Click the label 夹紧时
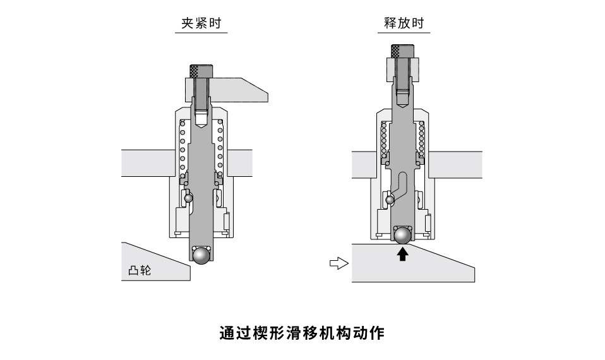200,24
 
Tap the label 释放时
404,24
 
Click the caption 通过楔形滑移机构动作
302,333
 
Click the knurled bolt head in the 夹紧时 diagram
201,70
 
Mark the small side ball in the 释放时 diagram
390,200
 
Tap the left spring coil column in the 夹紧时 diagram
183,148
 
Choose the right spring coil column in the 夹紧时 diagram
220,148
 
